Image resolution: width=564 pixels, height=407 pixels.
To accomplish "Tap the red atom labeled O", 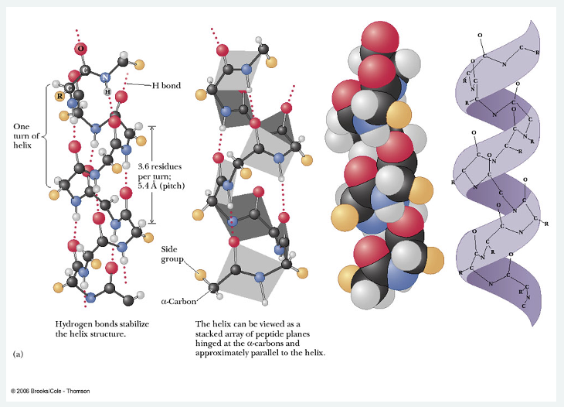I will (x=80, y=49).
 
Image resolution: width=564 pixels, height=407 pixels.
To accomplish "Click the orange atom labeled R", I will (x=59, y=96).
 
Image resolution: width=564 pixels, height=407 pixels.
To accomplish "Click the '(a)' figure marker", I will (x=19, y=354).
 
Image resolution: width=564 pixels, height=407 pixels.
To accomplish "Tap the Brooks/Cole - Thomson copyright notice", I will (x=50, y=391).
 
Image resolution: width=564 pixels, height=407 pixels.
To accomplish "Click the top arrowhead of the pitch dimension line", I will (x=151, y=128).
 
